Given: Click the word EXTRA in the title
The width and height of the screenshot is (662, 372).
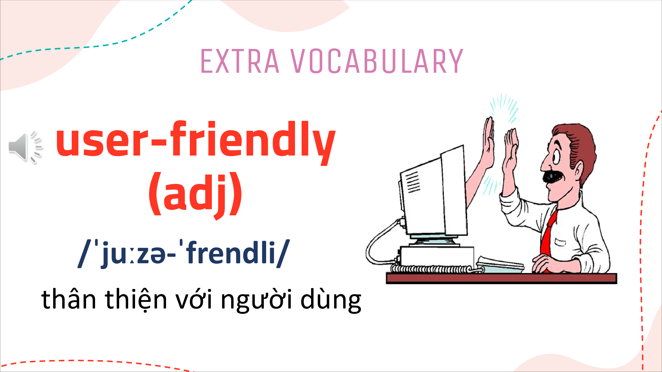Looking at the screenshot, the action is coord(240,61).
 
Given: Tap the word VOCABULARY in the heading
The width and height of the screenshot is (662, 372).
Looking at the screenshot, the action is coord(377,61).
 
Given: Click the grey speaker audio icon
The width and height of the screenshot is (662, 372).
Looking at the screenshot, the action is coord(25,147).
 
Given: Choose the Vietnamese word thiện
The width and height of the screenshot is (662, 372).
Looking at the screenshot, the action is coord(136,300).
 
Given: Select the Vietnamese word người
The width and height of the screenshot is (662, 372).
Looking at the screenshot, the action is coord(256,301).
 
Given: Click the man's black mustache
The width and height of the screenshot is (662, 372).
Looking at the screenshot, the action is coord(553,176).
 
